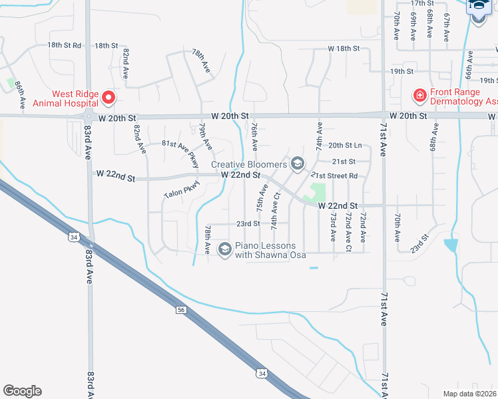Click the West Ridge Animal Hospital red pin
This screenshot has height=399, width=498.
pyautogui.click(x=108, y=99)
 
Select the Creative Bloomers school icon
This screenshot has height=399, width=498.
pyautogui.click(x=297, y=164)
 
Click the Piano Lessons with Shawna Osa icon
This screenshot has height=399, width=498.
pyautogui.click(x=224, y=249)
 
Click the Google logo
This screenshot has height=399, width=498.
pyautogui.click(x=22, y=391)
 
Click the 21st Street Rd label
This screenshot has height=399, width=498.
pyautogui.click(x=334, y=176)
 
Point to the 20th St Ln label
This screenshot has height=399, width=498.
pyautogui.click(x=345, y=145)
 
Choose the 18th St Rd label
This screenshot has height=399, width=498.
pyautogui.click(x=64, y=45)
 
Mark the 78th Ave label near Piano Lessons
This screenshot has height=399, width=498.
pyautogui.click(x=208, y=238)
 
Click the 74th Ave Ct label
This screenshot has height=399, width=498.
pyautogui.click(x=274, y=212)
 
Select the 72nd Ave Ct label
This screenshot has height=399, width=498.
pyautogui.click(x=348, y=227)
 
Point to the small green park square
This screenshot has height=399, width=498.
pyautogui.click(x=315, y=193)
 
